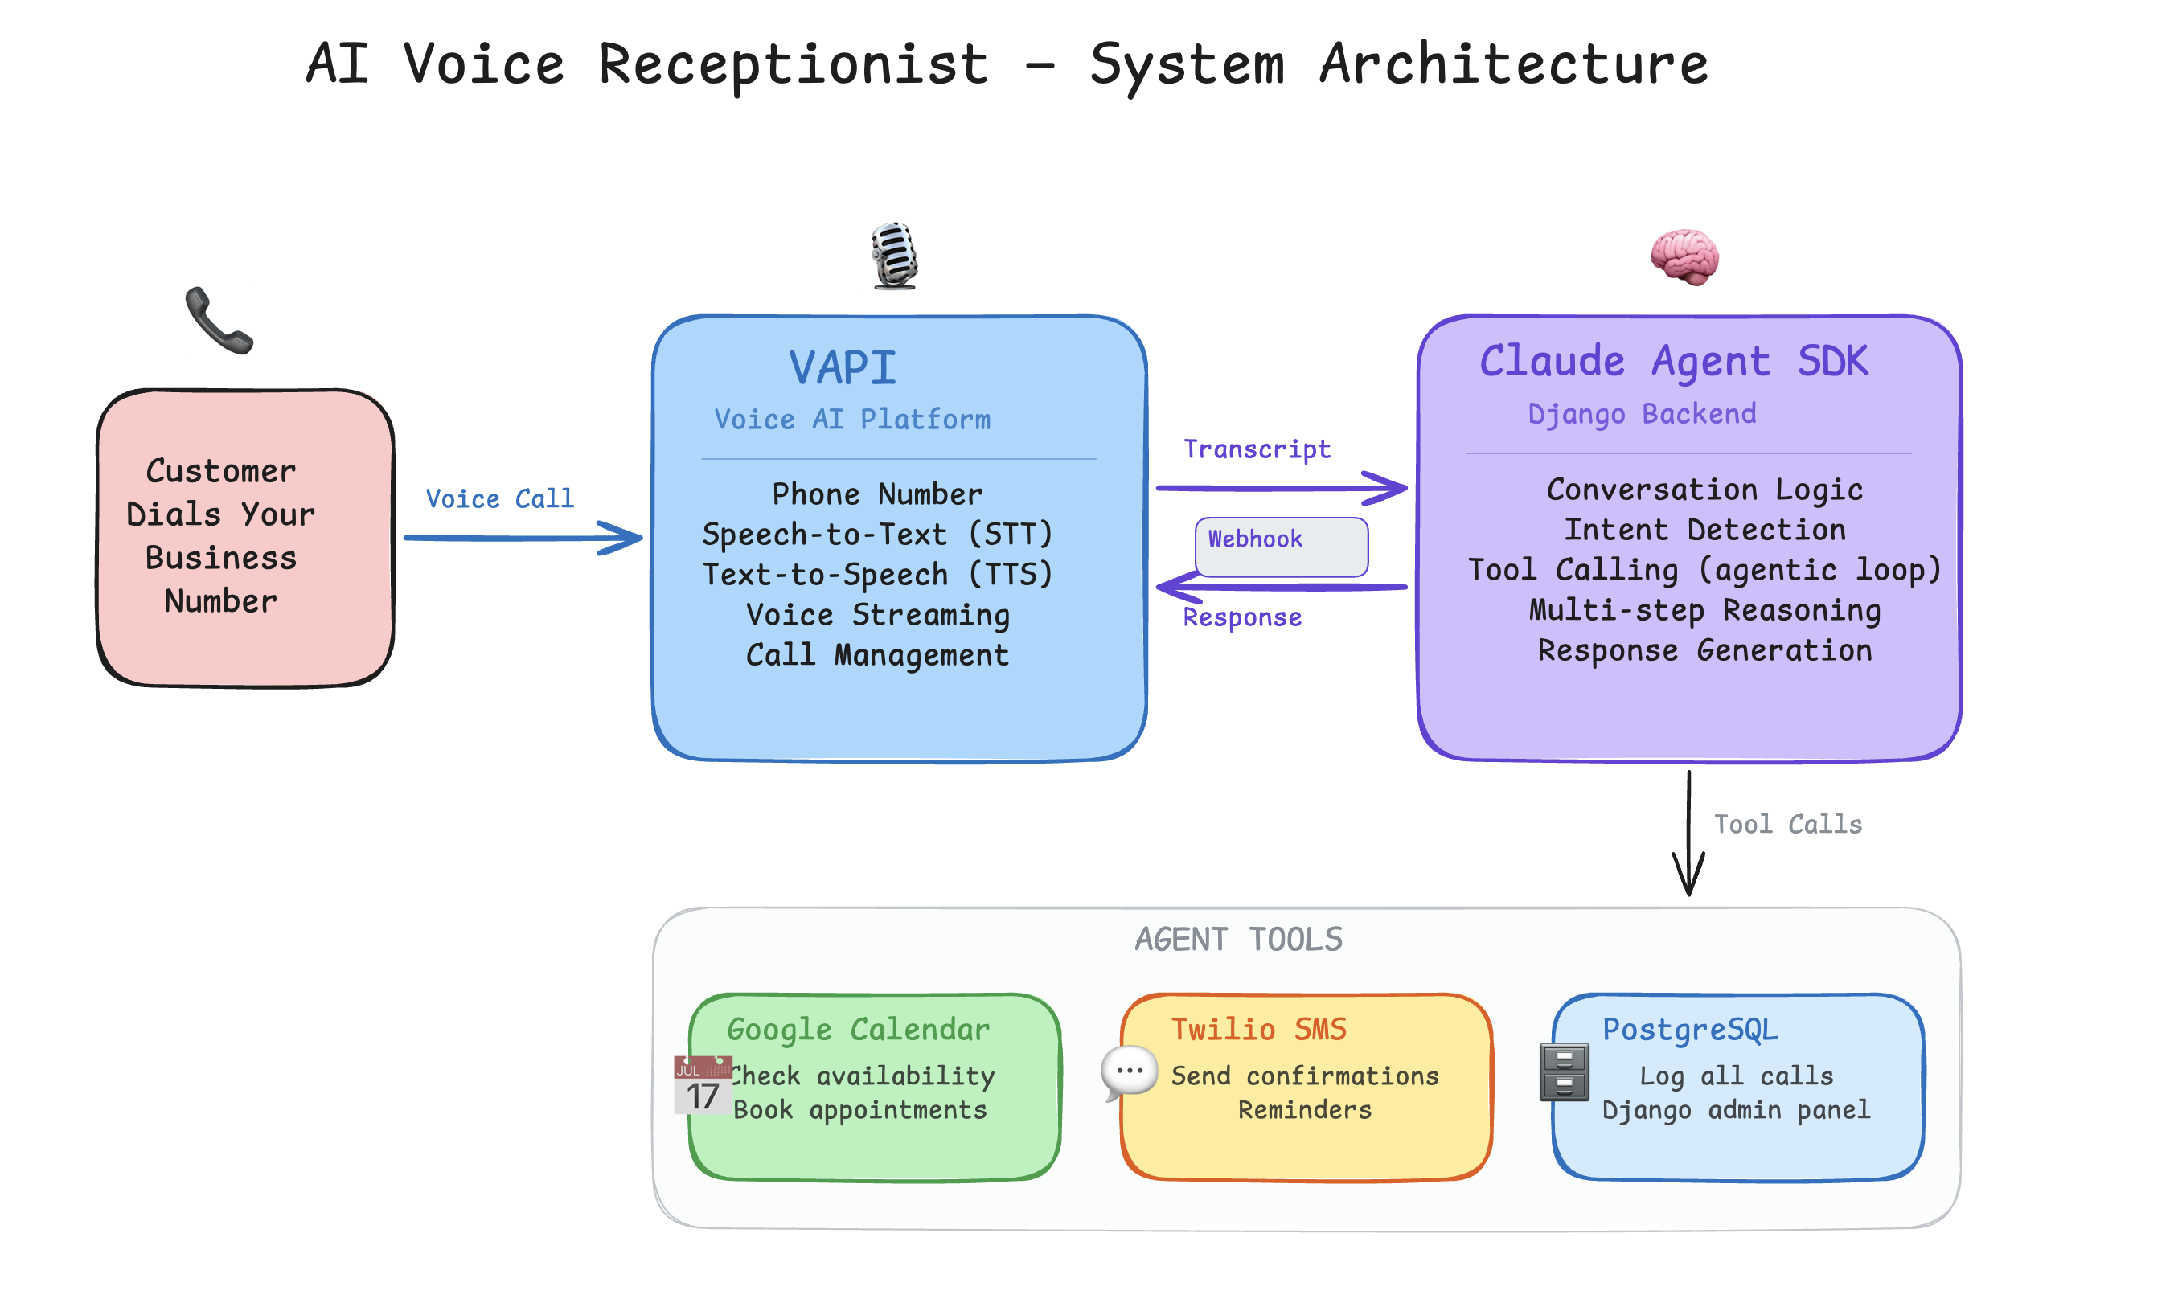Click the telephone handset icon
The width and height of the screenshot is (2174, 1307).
tap(219, 320)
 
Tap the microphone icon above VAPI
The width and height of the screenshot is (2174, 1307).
tap(893, 256)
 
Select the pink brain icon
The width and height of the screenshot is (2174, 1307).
tap(1684, 256)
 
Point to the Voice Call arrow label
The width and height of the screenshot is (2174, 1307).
tap(499, 498)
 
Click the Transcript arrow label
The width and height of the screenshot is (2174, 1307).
tap(1256, 449)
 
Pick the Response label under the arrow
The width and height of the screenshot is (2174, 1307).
tap(1241, 617)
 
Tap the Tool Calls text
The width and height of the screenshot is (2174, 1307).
tap(1786, 825)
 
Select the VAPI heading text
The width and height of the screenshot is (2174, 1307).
tap(841, 367)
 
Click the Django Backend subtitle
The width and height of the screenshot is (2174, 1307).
tap(1641, 413)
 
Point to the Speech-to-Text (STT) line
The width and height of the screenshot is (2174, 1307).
tap(876, 534)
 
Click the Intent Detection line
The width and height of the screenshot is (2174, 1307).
tap(1704, 530)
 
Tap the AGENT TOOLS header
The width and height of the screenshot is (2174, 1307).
tap(1237, 939)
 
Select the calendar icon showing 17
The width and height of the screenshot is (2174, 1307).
tap(702, 1084)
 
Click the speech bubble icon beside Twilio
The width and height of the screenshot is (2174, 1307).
tap(1128, 1071)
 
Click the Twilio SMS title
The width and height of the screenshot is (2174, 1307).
tap(1258, 1029)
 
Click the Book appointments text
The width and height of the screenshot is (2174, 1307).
tap(859, 1110)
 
